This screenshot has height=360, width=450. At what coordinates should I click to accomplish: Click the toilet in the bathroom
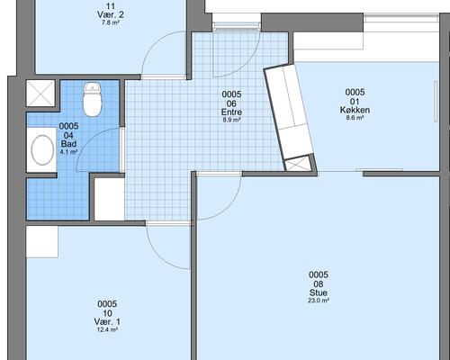93,99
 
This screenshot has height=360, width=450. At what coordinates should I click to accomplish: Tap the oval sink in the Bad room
42,149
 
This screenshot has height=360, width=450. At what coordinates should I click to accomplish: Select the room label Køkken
355,110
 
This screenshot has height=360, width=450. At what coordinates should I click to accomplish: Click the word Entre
231,112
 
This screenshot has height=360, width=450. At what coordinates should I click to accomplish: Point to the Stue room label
319,292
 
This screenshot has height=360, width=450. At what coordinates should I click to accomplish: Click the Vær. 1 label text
107,322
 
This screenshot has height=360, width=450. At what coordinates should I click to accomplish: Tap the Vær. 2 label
111,14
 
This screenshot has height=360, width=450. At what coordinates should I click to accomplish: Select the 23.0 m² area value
319,301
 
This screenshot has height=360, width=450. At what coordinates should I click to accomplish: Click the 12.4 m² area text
107,330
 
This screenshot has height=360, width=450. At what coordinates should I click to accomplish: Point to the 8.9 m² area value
231,120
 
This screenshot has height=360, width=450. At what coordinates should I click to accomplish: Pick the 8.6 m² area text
355,118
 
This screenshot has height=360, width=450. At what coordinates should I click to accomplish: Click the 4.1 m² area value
68,152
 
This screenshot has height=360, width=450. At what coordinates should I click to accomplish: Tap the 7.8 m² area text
111,22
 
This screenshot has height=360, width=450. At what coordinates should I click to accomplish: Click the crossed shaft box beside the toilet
40,93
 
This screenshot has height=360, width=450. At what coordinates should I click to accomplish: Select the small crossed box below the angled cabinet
298,165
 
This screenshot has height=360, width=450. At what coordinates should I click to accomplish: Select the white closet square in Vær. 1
41,241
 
